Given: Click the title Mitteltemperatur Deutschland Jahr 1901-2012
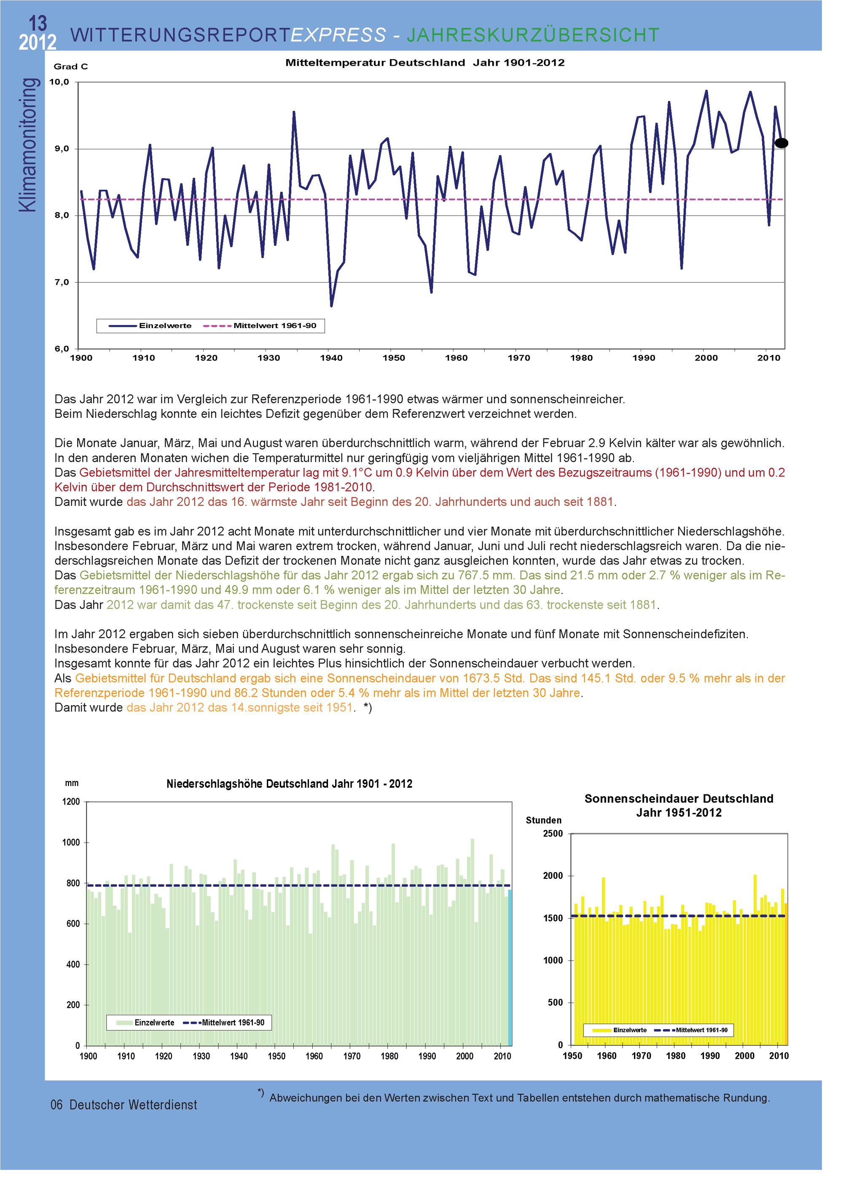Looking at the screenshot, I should tap(424, 63).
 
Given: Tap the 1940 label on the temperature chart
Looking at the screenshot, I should tap(331, 358).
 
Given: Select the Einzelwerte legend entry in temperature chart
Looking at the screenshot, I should tap(165, 326).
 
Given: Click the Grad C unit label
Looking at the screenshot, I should tap(71, 67).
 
